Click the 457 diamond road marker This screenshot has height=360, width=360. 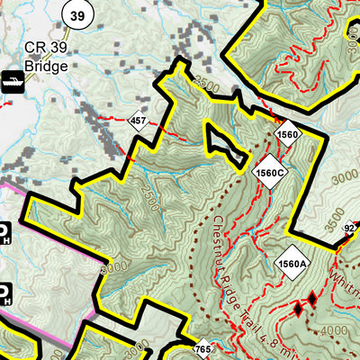pos(138,121)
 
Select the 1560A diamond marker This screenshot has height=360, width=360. pos(293,262)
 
